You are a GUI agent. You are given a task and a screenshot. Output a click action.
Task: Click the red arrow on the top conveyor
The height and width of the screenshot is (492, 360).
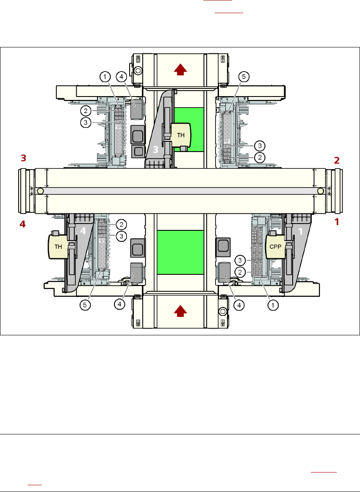(180, 69)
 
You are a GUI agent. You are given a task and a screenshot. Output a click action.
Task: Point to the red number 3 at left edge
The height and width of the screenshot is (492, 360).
(24, 158)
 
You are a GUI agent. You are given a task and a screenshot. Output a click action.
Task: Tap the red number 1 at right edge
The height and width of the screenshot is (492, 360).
(337, 221)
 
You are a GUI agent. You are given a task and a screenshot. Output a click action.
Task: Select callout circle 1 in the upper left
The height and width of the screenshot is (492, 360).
(105, 77)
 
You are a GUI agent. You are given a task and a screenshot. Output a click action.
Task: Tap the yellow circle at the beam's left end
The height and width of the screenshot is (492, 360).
(40, 191)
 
